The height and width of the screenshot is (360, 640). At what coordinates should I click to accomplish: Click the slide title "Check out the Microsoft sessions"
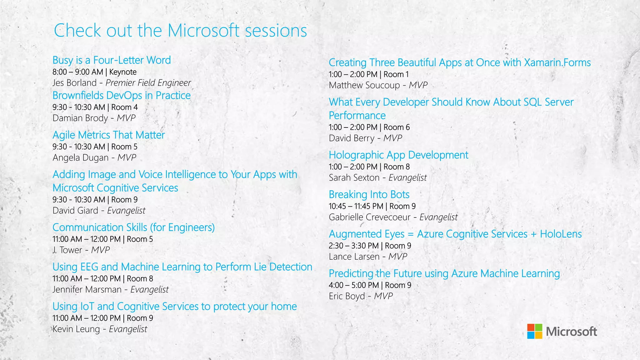[x=180, y=31]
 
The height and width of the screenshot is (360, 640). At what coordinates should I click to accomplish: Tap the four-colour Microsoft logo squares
[x=535, y=331]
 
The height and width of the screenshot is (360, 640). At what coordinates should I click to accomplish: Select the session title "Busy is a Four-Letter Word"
[x=112, y=60]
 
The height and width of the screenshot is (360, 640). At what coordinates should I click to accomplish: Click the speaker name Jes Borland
[x=75, y=83]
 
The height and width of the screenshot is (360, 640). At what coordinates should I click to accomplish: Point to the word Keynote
[x=123, y=72]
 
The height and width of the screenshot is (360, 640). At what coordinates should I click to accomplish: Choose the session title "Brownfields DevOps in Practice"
[x=122, y=95]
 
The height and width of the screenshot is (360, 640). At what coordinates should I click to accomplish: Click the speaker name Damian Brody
[x=80, y=118]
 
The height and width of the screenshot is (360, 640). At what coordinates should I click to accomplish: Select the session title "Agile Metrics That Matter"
[x=109, y=135]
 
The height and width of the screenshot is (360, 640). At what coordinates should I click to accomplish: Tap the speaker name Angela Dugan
[x=81, y=158]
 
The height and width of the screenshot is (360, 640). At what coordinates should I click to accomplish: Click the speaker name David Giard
[x=75, y=211]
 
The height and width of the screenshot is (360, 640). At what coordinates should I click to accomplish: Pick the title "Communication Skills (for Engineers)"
[x=134, y=227]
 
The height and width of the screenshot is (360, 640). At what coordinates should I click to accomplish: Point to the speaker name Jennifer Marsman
[x=87, y=290]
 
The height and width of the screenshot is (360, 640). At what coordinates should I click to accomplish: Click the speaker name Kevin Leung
[x=76, y=329]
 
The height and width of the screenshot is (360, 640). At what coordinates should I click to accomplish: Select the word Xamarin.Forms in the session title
[x=557, y=62]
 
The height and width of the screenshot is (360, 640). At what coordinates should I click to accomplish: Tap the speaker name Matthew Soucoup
[x=364, y=85]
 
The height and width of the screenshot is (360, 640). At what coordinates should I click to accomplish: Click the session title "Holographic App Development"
[x=398, y=155]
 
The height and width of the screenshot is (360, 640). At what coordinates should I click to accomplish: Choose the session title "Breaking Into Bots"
[x=369, y=194]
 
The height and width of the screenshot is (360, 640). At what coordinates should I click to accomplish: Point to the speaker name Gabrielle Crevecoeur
[x=370, y=217]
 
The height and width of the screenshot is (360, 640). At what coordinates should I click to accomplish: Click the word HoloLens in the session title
[x=561, y=234]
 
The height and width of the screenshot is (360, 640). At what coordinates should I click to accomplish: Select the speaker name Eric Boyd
[x=347, y=296]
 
